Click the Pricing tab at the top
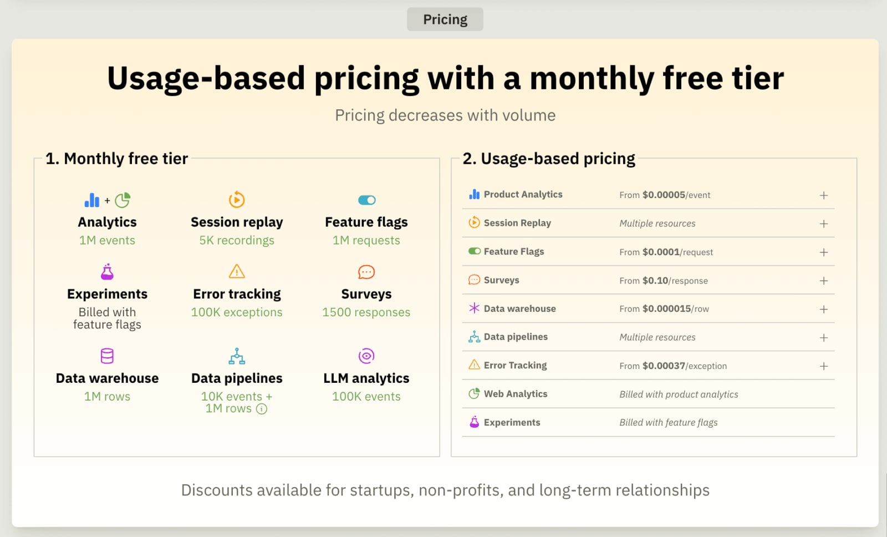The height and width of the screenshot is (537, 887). [x=445, y=19]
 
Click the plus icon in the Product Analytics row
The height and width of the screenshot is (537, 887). [x=824, y=195]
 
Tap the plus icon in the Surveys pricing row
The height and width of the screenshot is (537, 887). [x=824, y=281]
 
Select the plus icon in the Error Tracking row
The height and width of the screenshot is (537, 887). [x=824, y=366]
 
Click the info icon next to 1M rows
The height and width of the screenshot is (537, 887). [x=262, y=409]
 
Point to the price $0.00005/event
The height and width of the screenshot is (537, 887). [x=676, y=195]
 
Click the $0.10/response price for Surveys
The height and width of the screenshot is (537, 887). [x=675, y=281]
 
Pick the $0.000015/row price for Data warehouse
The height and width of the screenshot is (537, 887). [x=675, y=309]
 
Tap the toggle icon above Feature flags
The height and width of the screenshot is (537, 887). [x=366, y=200]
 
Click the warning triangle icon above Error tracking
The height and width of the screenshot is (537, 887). [x=237, y=272]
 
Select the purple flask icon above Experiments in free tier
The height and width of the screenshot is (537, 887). [x=107, y=272]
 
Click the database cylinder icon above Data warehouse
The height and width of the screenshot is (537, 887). [x=107, y=356]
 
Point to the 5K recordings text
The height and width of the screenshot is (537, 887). [x=237, y=240]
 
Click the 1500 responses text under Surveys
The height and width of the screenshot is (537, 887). [x=366, y=312]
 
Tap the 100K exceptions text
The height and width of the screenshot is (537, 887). [x=237, y=312]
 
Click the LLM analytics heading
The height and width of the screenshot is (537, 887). [x=366, y=378]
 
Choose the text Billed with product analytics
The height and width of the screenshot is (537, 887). [x=679, y=394]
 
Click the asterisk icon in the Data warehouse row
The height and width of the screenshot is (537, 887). [x=474, y=308]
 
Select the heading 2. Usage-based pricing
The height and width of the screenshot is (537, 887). [x=549, y=159]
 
